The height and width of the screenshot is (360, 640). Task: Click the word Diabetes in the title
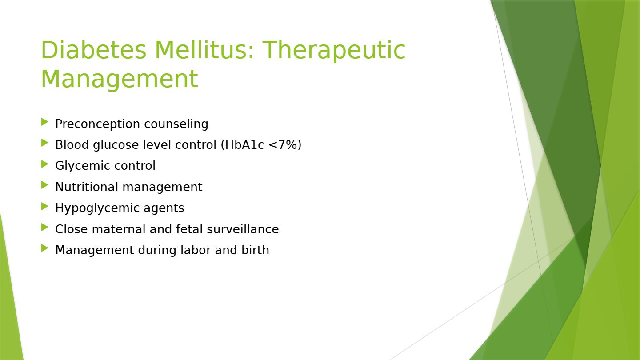coord(94,50)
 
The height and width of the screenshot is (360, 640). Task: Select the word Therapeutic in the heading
coord(334,51)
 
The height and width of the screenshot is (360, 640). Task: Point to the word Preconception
coord(97,124)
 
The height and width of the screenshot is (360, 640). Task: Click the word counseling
coord(176,124)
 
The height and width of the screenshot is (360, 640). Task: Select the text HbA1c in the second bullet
coord(244,144)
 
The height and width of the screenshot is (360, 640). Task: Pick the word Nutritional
coord(87,187)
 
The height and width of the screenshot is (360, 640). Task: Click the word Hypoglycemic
coord(97,208)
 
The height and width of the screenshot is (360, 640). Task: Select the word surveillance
coord(243,229)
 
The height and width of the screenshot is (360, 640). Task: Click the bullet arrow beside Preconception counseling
coord(45,122)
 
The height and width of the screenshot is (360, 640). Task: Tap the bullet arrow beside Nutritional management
coord(45,185)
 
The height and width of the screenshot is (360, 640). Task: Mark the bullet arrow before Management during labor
coord(45,248)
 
